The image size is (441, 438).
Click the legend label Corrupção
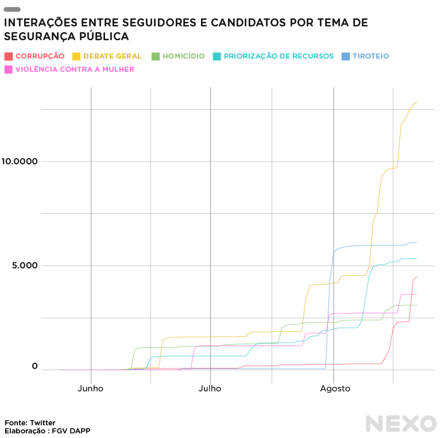pyautogui.click(x=40, y=56)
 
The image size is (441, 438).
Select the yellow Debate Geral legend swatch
pyautogui.click(x=76, y=56)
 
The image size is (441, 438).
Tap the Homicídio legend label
pyautogui.click(x=183, y=56)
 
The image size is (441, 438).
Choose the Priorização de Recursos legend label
pyautogui.click(x=278, y=56)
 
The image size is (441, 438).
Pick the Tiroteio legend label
pyautogui.click(x=371, y=56)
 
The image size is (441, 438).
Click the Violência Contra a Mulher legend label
pyautogui.click(x=75, y=70)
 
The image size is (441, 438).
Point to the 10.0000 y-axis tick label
pyautogui.click(x=20, y=162)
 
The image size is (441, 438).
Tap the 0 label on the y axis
pyautogui.click(x=34, y=366)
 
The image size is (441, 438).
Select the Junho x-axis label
pyautogui.click(x=91, y=389)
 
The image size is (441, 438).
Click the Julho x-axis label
pyautogui.click(x=210, y=389)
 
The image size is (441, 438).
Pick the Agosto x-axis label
pyautogui.click(x=335, y=389)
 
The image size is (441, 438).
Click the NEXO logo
pyautogui.click(x=401, y=424)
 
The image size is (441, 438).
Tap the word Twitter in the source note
pyautogui.click(x=42, y=423)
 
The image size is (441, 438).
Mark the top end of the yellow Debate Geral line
pyautogui.click(x=416, y=102)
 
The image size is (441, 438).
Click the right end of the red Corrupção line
pyautogui.click(x=416, y=277)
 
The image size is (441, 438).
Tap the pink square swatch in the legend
pyautogui.click(x=8, y=70)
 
